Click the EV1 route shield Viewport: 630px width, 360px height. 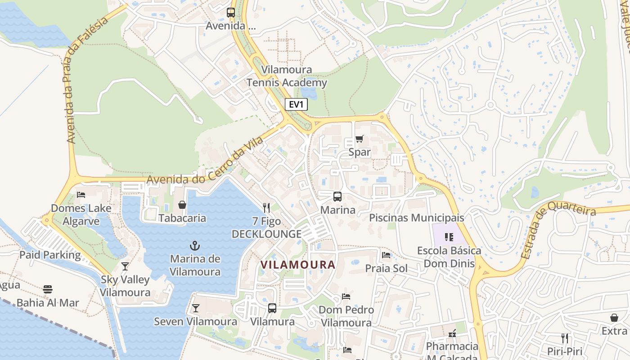[x=296, y=104]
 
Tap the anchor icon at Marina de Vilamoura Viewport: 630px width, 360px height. [x=195, y=246]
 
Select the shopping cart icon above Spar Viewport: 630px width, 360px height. [x=359, y=139]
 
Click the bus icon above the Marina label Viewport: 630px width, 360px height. [x=337, y=196]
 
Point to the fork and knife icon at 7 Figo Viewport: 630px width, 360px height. [x=266, y=207]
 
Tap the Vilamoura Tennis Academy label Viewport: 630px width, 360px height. [x=287, y=76]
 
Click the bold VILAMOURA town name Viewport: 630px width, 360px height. [x=298, y=265]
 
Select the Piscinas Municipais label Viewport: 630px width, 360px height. [x=416, y=218]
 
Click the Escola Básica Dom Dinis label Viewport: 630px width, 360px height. [x=449, y=257]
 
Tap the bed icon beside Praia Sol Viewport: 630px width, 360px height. [x=386, y=255]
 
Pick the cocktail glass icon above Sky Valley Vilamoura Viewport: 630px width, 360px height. [x=125, y=266]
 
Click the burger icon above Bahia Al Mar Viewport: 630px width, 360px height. [x=48, y=289]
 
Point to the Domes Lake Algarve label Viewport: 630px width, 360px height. [x=81, y=215]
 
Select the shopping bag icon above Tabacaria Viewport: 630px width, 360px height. [x=182, y=205]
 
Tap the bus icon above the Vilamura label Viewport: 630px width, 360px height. [x=272, y=308]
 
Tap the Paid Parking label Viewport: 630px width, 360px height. [x=50, y=255]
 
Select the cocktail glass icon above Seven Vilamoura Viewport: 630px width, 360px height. [x=195, y=308]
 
